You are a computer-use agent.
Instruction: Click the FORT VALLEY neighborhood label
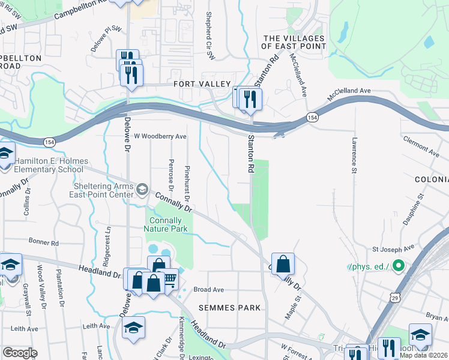pos(202,84)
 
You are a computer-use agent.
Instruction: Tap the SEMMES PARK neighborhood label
pos(235,308)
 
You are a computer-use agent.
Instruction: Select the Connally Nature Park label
pos(166,224)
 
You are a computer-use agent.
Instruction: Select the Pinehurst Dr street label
pos(187,183)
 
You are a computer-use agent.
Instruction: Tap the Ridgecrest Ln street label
pos(108,238)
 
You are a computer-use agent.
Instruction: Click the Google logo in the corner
pos(20,353)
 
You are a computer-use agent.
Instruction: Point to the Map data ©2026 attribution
pos(424,355)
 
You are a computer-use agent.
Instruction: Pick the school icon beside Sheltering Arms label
pos(142,190)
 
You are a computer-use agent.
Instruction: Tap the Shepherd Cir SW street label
pos(210,36)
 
